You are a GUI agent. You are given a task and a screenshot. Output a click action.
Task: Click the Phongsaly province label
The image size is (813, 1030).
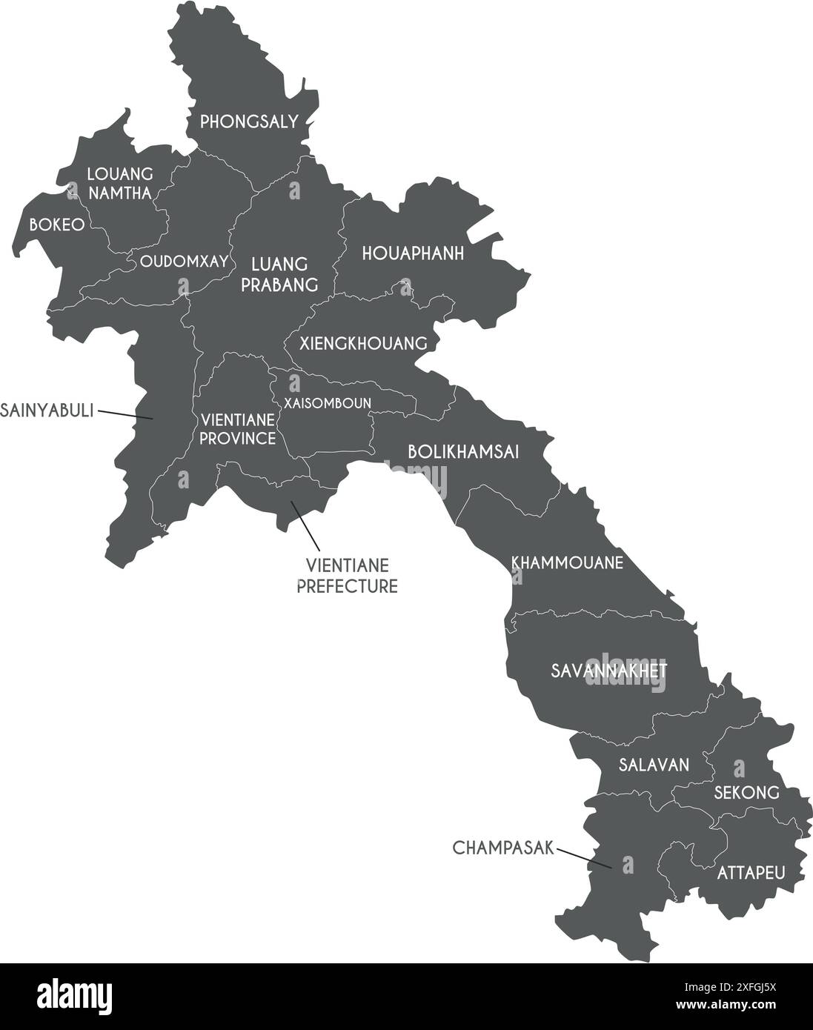(x=249, y=122)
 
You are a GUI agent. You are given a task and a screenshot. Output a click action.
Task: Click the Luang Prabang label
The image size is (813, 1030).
(x=279, y=274)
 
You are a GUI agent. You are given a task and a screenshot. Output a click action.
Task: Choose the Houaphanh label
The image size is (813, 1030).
(x=413, y=254)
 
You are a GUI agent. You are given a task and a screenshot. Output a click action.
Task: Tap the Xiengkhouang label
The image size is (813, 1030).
(x=363, y=344)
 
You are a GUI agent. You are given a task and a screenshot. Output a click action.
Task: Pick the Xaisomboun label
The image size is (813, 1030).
(x=327, y=402)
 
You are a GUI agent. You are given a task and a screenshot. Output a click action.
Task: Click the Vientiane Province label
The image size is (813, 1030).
(x=237, y=429)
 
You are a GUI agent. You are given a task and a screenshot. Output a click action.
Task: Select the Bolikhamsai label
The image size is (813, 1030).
(x=463, y=452)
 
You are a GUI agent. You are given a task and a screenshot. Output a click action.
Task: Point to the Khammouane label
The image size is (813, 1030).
(x=567, y=563)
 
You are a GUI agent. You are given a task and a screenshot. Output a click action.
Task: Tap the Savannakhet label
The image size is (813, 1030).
(x=609, y=671)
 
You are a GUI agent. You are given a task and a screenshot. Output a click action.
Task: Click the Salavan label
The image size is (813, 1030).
(x=654, y=765)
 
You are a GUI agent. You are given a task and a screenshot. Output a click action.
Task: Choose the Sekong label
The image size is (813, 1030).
(x=746, y=793)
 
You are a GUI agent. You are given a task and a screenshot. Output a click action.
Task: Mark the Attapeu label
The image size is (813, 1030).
(x=750, y=872)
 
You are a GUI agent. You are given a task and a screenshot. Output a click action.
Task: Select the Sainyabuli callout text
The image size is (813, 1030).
(x=47, y=410)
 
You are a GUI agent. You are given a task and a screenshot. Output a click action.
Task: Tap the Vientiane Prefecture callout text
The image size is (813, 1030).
(x=348, y=577)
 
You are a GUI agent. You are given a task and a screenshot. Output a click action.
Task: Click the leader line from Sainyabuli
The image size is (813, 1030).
(x=125, y=415)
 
